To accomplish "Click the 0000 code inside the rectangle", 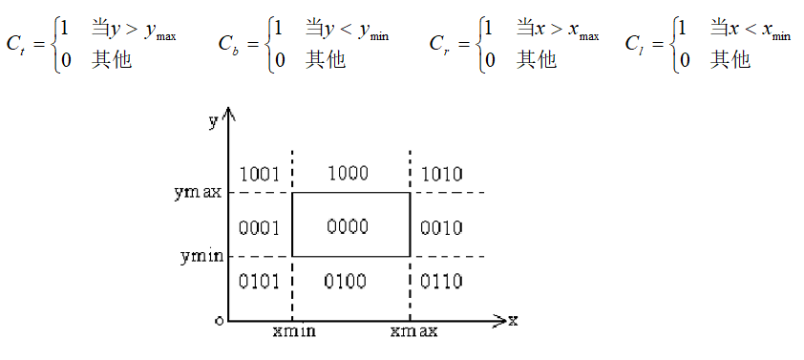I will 347,227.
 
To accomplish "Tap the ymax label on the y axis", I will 199,192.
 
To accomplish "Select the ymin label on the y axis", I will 201,257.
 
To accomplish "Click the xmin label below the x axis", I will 293,332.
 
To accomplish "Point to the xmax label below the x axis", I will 414,332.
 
